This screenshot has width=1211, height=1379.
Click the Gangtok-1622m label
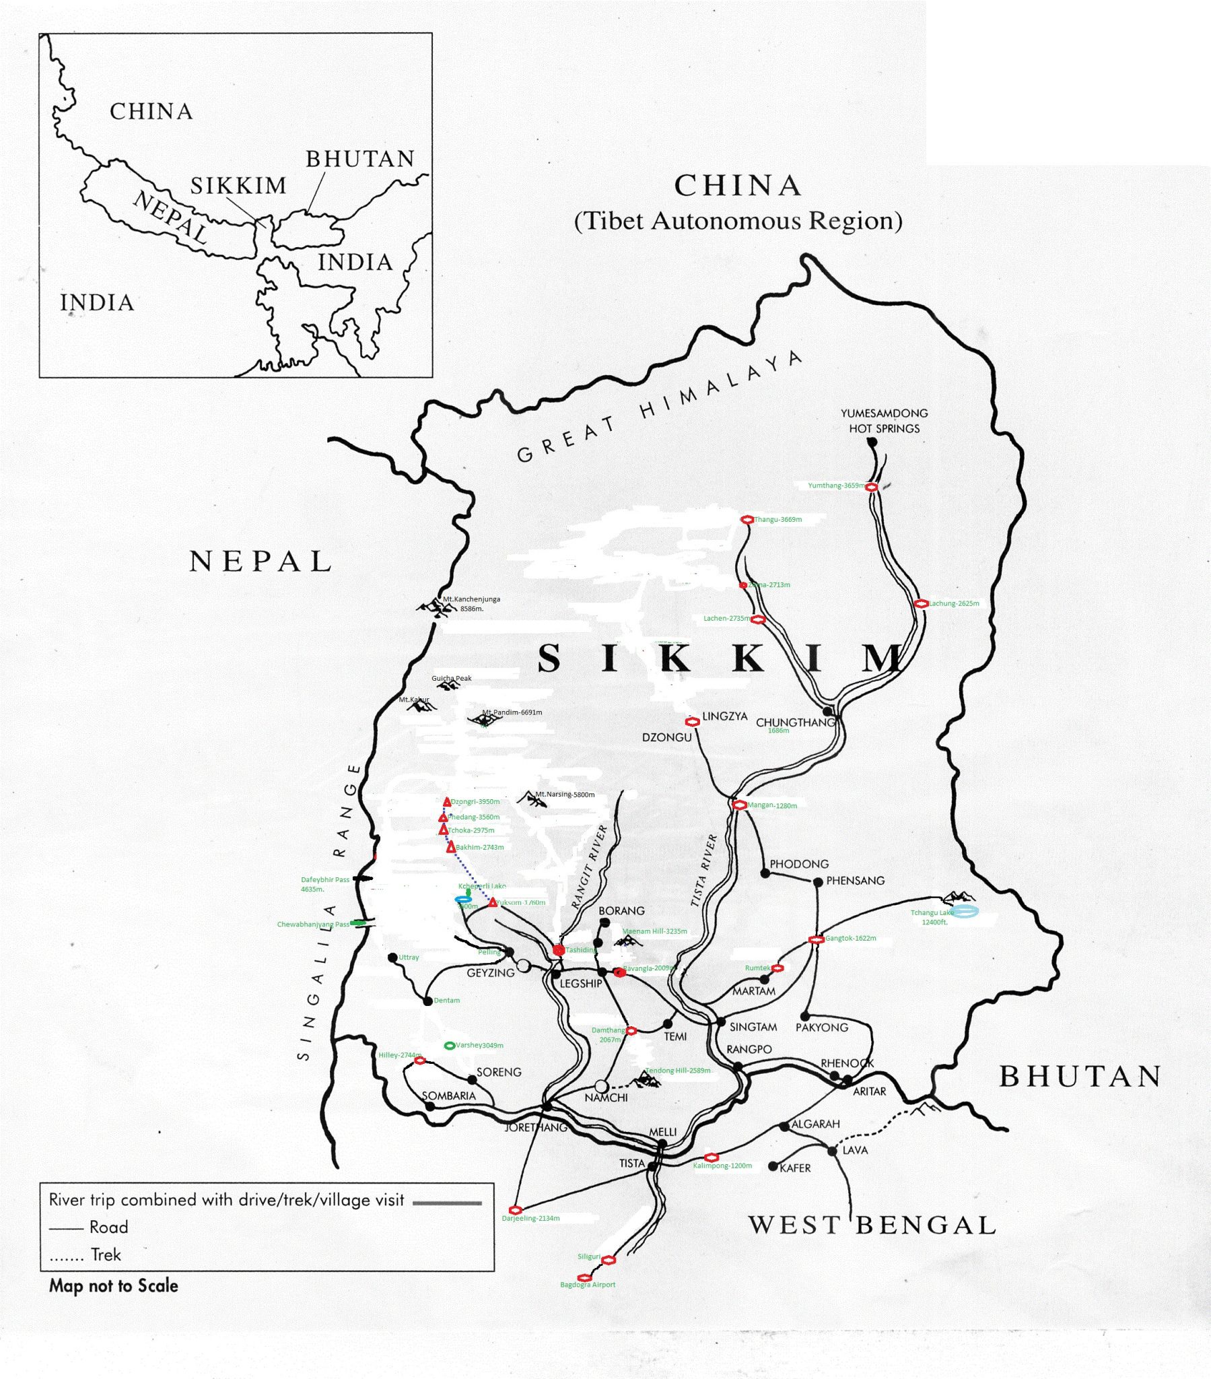851,939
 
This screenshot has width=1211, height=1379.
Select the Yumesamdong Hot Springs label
884,420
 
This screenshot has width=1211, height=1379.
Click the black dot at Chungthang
828,711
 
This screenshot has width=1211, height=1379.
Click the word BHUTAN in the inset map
360,158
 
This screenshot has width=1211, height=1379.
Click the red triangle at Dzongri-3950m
446,802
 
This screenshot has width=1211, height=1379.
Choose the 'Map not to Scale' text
113,1286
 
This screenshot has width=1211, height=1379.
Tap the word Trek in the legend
106,1255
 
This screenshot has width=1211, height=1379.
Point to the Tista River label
703,871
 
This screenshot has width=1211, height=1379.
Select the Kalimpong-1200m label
722,1166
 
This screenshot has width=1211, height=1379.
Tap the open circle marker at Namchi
602,1086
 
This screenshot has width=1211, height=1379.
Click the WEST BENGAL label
872,1225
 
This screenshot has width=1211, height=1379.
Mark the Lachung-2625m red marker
921,604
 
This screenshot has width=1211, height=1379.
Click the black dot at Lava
832,1151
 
